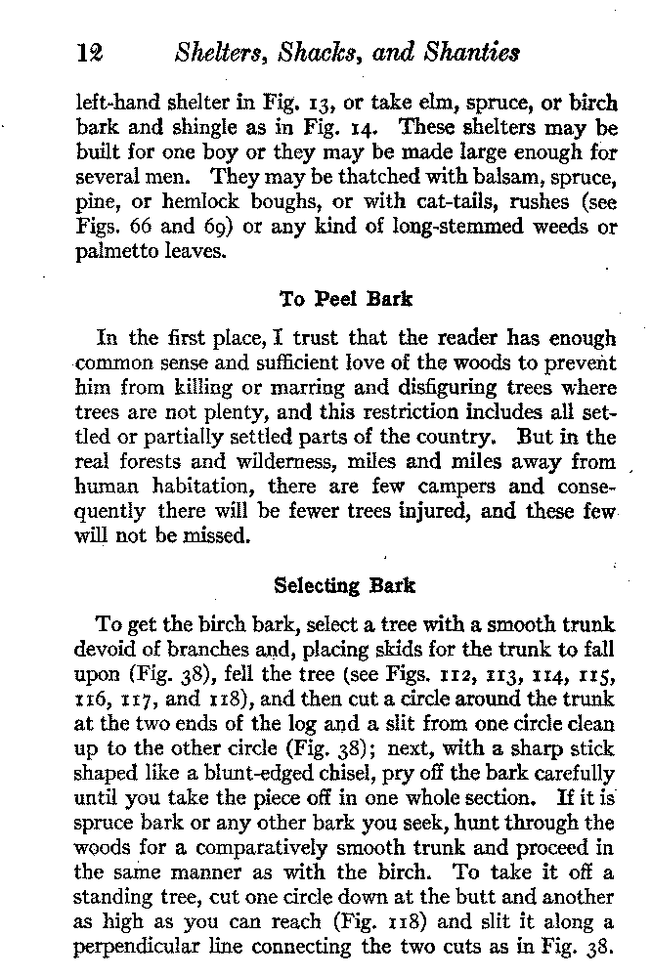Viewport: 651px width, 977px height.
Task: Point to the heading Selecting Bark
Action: coord(344,585)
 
